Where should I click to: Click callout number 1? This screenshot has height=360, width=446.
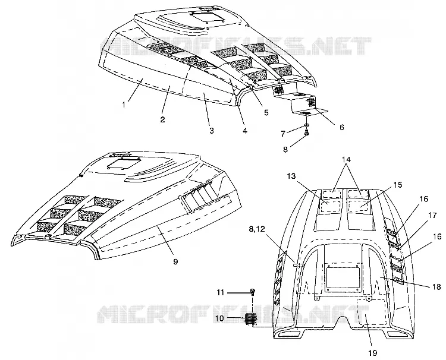point(124,105)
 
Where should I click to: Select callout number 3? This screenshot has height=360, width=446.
point(211,131)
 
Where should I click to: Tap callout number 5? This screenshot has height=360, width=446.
point(266,112)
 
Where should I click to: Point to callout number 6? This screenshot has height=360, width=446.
point(341,127)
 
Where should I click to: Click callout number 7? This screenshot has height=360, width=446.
point(282,134)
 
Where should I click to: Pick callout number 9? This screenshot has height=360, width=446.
point(175,261)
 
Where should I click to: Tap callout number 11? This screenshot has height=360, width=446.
point(221,292)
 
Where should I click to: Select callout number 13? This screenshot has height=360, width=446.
point(291,176)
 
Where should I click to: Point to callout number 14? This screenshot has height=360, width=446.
point(346,159)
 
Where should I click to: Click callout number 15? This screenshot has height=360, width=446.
point(398,185)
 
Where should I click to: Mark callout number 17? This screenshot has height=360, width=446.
point(432,216)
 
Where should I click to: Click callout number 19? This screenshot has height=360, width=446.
point(372,353)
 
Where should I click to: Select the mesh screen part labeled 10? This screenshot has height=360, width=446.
point(250,318)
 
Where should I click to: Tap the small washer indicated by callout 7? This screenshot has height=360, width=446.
point(307,125)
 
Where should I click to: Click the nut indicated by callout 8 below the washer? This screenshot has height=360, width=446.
point(307,132)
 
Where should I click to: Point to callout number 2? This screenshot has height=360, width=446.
point(162,119)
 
